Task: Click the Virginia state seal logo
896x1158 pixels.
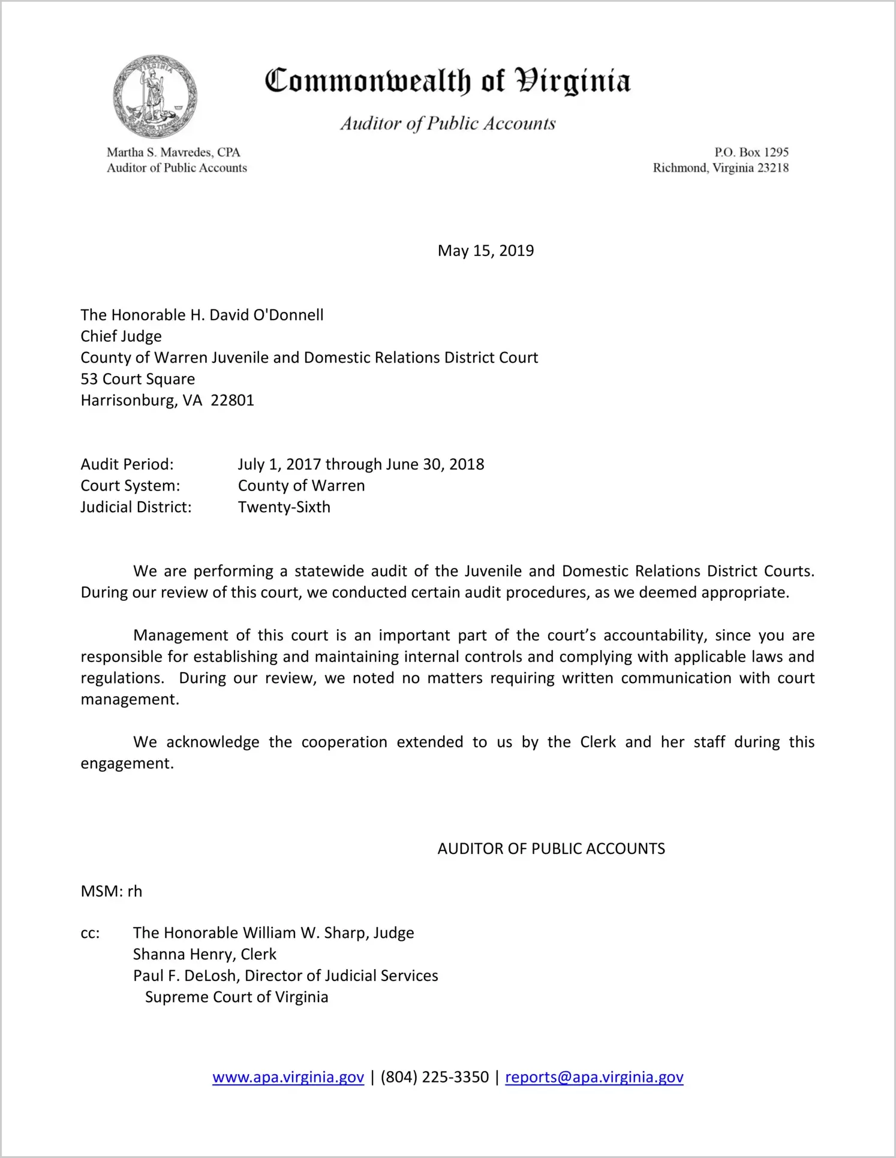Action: point(155,97)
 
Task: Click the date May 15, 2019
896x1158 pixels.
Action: point(485,251)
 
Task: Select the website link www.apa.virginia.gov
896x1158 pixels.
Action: point(288,1077)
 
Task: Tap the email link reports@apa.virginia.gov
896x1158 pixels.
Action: point(594,1077)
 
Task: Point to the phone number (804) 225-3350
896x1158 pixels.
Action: point(434,1077)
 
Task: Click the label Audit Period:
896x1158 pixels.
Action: point(127,464)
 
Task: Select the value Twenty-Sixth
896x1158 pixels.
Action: point(284,507)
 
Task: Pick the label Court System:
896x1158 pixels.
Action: point(130,486)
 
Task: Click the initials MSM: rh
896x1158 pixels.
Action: point(112,892)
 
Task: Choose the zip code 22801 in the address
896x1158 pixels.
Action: point(233,401)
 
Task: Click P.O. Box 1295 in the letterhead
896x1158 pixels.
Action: point(751,152)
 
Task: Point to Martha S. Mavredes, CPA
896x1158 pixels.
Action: point(173,152)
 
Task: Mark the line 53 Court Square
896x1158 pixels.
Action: point(138,379)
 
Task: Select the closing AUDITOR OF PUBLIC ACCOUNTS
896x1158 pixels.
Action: point(551,849)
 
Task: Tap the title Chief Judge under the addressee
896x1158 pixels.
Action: point(121,336)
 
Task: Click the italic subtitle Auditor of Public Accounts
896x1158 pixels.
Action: point(448,124)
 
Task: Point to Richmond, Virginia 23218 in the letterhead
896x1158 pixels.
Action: point(720,168)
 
